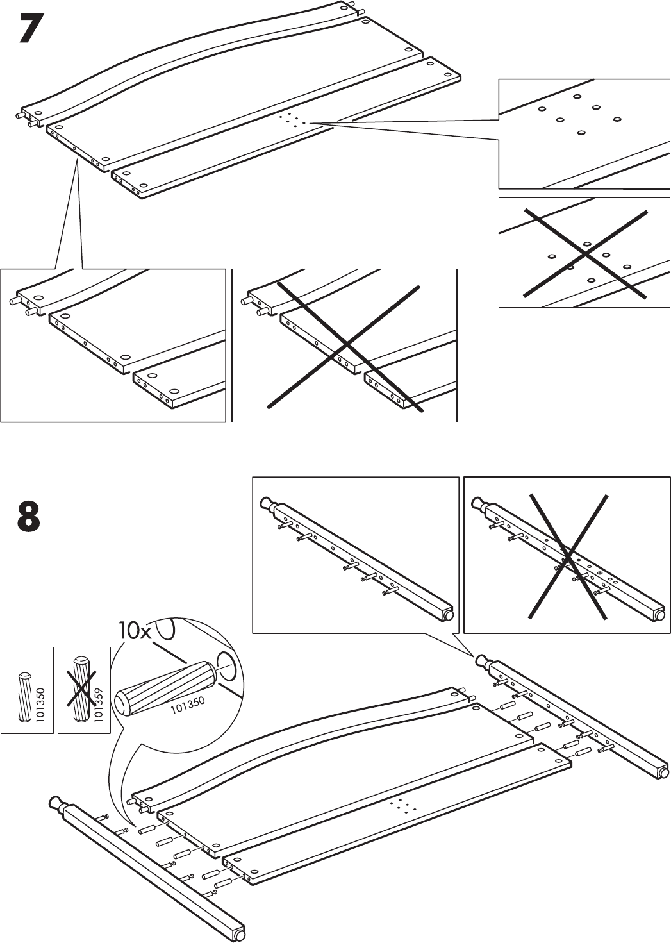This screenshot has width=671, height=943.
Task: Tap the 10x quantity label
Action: point(134,631)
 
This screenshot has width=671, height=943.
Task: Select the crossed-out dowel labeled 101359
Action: point(80,690)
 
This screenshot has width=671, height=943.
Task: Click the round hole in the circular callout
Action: point(228,667)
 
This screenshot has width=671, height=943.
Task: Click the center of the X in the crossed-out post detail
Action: point(568,556)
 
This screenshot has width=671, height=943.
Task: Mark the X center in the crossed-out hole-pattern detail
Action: point(584,254)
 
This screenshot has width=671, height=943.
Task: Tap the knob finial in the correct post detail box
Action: point(266,505)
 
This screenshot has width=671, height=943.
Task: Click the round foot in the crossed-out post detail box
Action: point(659,616)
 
